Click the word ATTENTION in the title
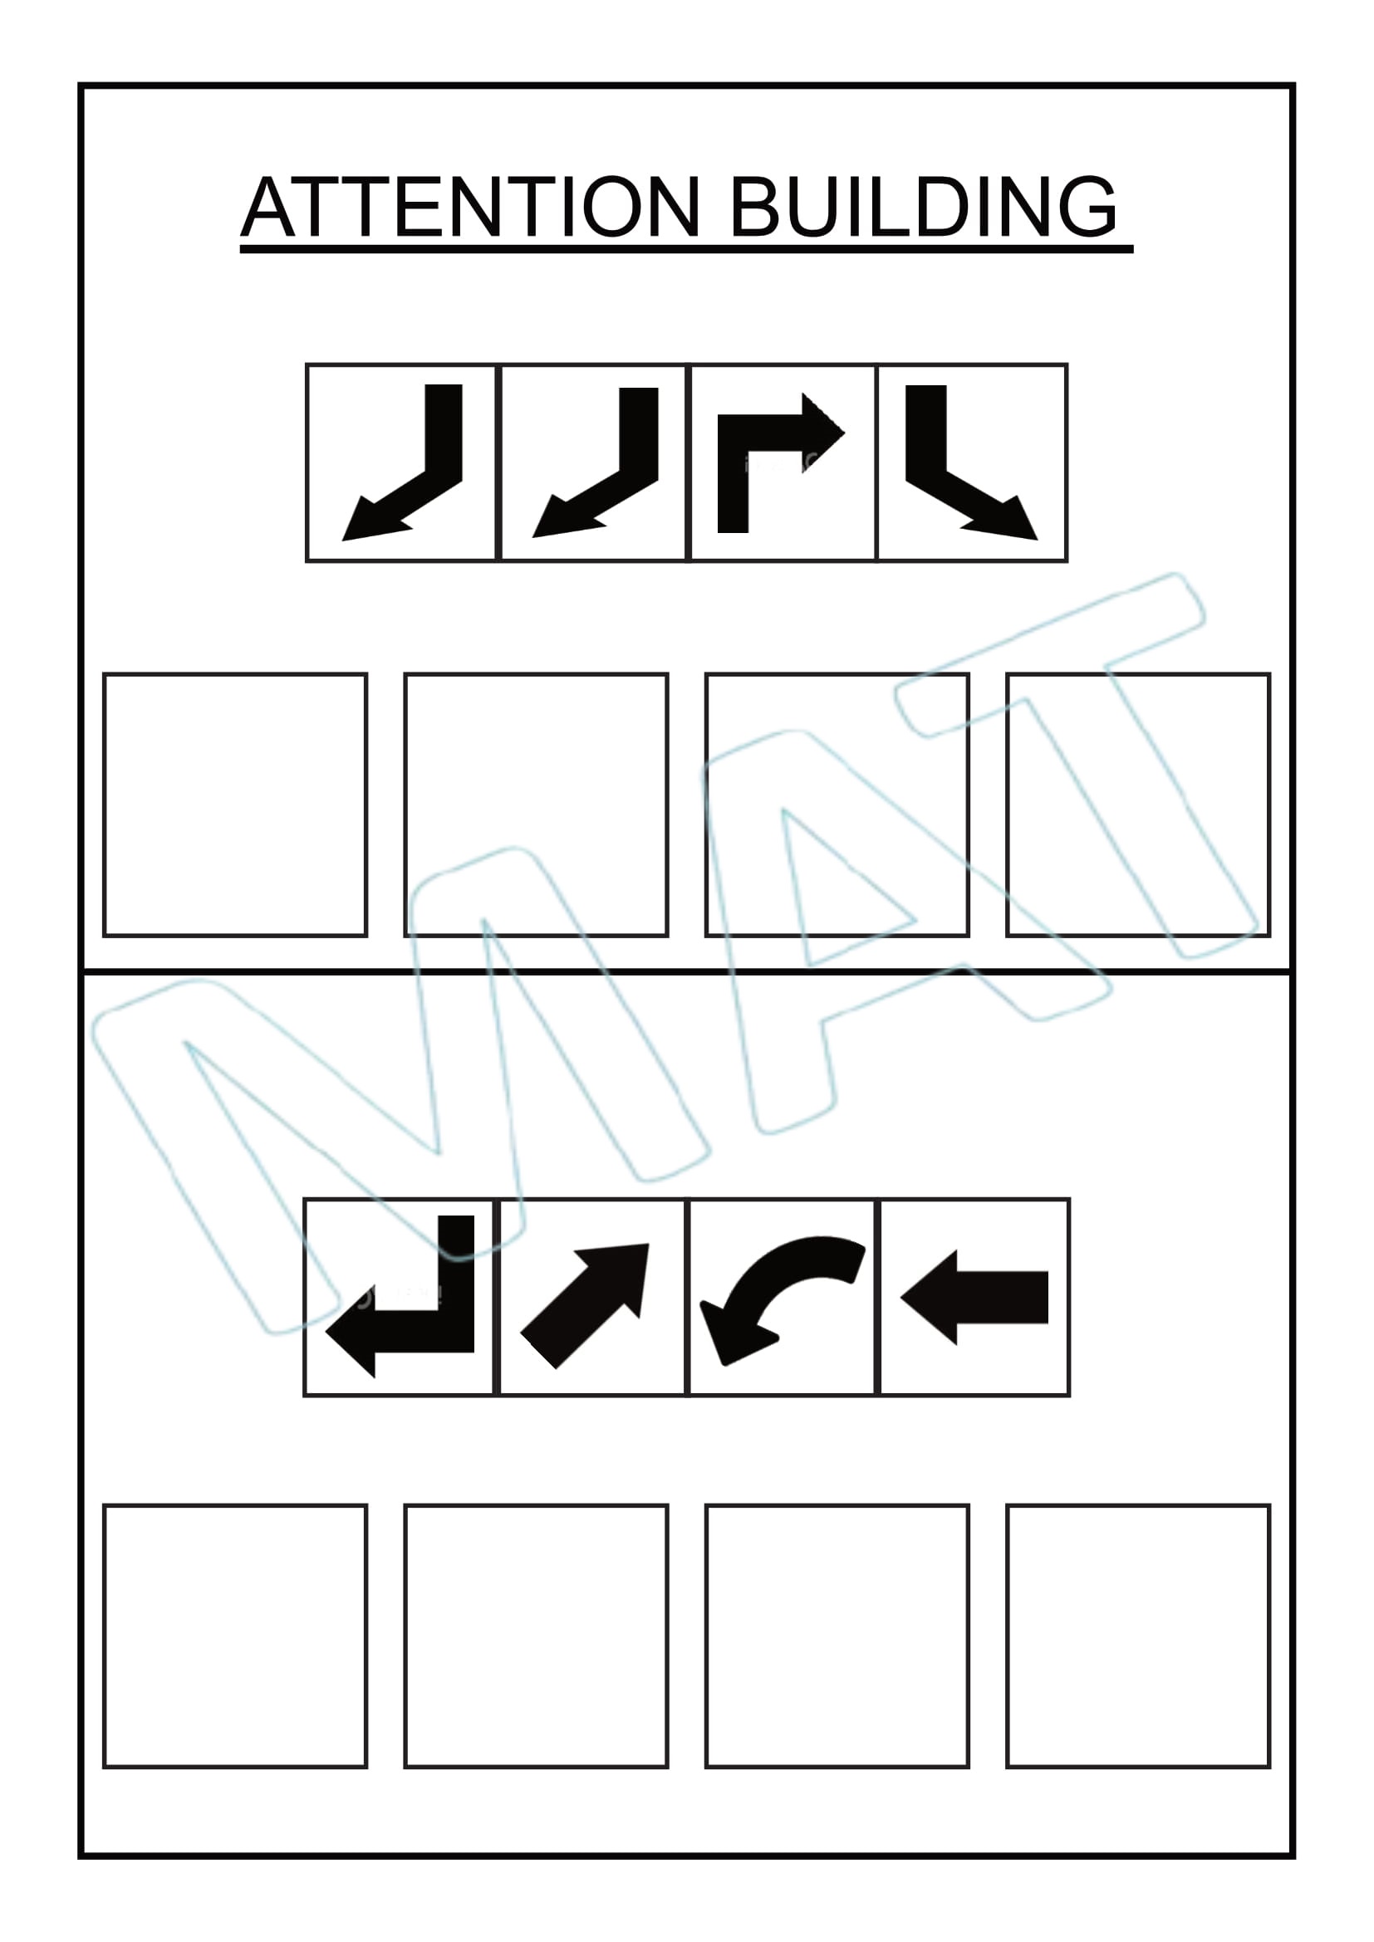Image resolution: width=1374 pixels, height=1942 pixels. pyautogui.click(x=470, y=207)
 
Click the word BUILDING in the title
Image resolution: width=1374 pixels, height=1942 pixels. pyautogui.click(x=923, y=207)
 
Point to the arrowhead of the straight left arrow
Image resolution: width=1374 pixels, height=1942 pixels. pyautogui.click(x=929, y=1297)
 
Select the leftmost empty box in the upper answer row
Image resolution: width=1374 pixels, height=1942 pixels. pyautogui.click(x=235, y=805)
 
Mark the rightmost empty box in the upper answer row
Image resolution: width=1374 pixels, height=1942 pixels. pyautogui.click(x=1139, y=805)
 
